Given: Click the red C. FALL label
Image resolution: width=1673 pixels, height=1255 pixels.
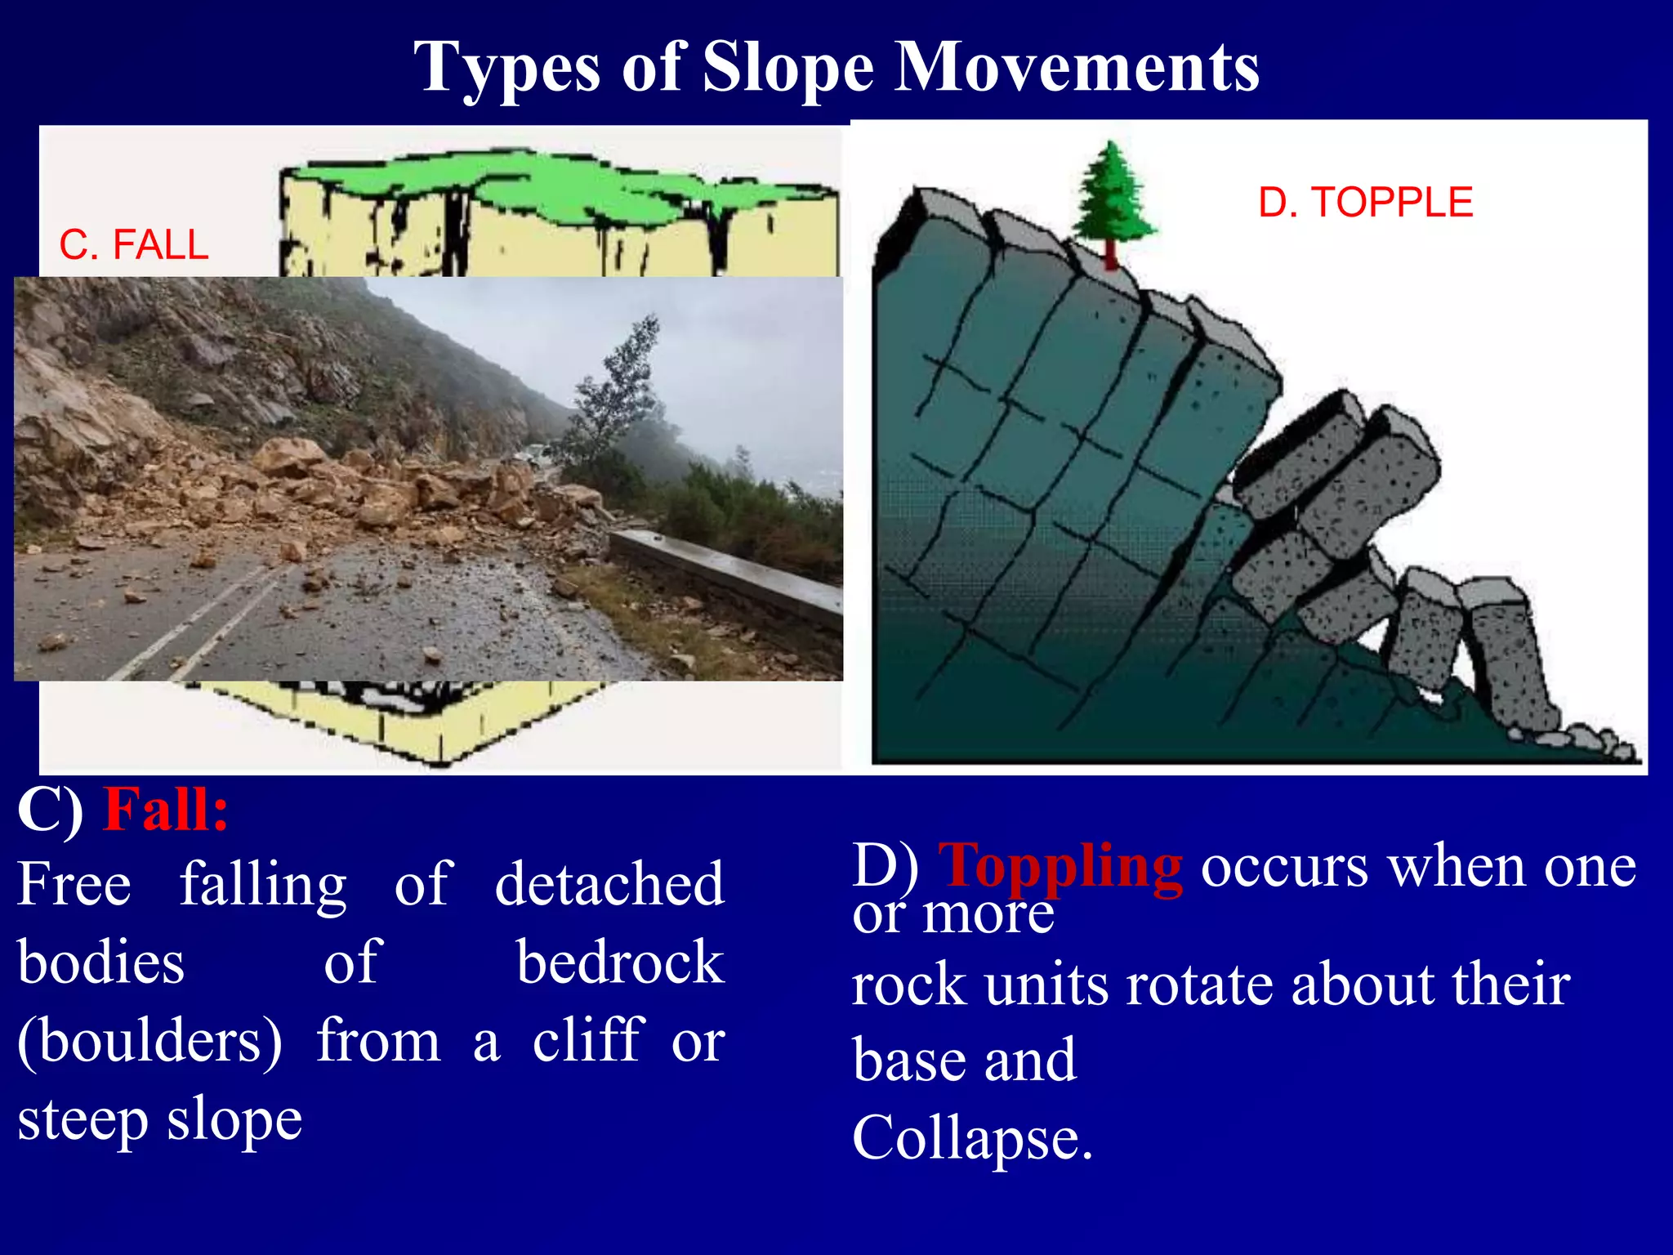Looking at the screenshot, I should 134,244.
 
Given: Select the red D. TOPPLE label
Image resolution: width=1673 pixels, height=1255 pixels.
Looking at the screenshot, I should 1365,202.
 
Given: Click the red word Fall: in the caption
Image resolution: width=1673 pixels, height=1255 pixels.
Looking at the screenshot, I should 166,811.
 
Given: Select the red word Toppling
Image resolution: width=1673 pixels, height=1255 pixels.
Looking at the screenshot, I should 1060,866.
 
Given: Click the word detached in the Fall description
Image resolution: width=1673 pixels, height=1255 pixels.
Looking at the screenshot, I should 609,884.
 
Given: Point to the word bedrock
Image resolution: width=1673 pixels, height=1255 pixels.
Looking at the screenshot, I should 620,962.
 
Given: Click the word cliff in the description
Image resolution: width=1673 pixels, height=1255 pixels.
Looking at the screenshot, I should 588,1040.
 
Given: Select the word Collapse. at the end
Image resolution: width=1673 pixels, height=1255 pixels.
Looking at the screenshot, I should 972,1138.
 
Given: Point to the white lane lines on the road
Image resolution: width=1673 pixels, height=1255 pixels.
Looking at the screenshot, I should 204,621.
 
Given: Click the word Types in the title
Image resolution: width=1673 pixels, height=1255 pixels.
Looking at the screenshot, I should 507,69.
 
